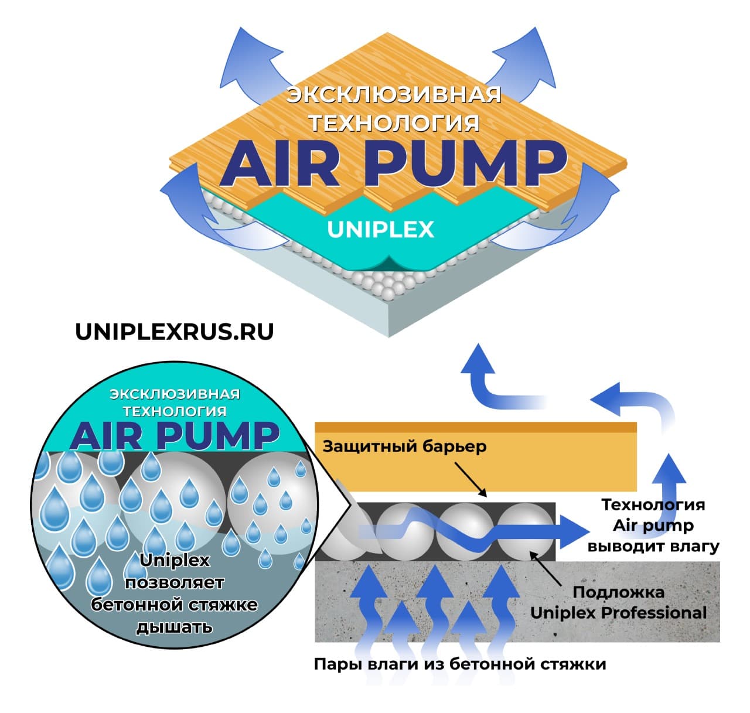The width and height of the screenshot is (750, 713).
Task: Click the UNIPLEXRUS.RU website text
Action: (174, 332)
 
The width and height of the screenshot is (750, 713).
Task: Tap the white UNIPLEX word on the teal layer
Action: (380, 230)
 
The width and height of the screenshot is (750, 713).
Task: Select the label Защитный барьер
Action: (404, 446)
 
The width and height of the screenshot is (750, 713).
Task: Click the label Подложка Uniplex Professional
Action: (618, 602)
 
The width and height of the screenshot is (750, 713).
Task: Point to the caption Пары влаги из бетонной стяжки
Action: (459, 664)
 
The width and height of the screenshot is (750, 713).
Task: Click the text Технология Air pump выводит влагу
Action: (653, 526)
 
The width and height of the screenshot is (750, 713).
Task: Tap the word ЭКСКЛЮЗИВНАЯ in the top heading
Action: (393, 95)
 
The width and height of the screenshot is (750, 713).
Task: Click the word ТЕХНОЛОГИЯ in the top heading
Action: (394, 123)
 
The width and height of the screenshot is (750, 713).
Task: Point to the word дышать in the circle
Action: (174, 627)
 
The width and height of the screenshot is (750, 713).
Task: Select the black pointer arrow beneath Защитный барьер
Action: (471, 478)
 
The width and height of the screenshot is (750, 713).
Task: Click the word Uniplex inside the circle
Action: (174, 561)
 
